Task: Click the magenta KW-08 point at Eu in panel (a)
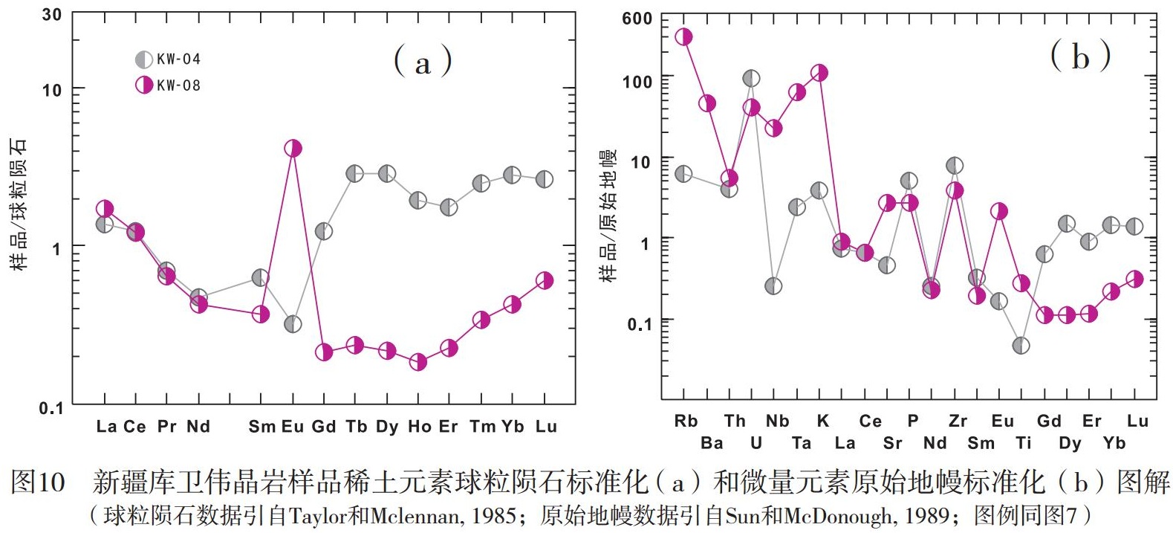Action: [293, 149]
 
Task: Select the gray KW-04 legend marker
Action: [144, 59]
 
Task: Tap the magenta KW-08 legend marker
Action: [144, 85]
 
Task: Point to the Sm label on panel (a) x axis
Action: [261, 427]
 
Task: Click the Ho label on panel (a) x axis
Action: [419, 427]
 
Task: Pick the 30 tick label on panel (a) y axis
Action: [52, 15]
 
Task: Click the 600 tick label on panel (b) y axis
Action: [637, 19]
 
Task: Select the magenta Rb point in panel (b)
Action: [683, 37]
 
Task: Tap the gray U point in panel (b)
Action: [751, 78]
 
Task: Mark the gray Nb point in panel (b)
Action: [773, 286]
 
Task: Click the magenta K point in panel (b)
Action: [819, 73]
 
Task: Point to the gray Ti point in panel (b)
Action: [1021, 346]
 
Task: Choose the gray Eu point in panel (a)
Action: [293, 324]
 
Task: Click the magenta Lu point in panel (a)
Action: [545, 280]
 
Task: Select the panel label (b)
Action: [1080, 56]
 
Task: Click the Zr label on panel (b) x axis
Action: [958, 421]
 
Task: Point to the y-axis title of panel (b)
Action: [608, 216]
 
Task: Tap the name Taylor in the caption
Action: [315, 516]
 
